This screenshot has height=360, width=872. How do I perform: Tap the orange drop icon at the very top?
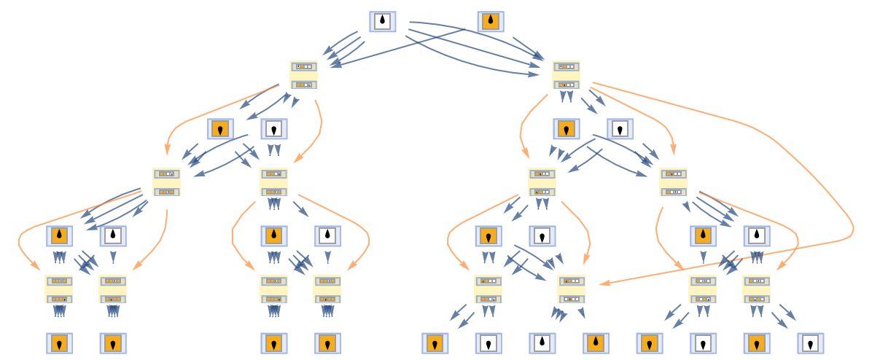(x=491, y=22)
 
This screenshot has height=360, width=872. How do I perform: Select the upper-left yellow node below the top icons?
(x=303, y=75)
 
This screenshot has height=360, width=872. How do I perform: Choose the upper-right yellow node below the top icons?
(x=566, y=75)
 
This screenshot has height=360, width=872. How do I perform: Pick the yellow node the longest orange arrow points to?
(x=572, y=289)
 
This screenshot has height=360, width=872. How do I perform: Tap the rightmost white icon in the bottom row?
(x=810, y=343)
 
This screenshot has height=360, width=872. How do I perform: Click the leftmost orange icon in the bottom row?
(x=59, y=343)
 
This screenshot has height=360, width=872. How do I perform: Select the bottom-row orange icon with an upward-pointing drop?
(x=596, y=343)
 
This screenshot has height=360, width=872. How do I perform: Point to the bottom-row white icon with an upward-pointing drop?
(x=542, y=343)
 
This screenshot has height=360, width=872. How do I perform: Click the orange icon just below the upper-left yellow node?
(x=220, y=129)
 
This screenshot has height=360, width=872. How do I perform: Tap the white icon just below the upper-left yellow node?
(x=274, y=129)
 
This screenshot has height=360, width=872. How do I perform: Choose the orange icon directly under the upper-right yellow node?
(x=565, y=129)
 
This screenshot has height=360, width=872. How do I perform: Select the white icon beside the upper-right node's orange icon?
(x=620, y=129)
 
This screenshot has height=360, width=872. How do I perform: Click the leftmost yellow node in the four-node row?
(x=166, y=182)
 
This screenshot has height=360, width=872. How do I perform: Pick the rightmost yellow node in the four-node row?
(x=673, y=182)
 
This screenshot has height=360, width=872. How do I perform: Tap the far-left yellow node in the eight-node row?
(x=59, y=289)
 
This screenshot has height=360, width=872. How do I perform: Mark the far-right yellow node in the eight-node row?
(x=757, y=289)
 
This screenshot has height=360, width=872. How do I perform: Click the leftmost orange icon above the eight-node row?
(x=59, y=236)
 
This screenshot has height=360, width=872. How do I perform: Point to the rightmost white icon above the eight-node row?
(x=757, y=236)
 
